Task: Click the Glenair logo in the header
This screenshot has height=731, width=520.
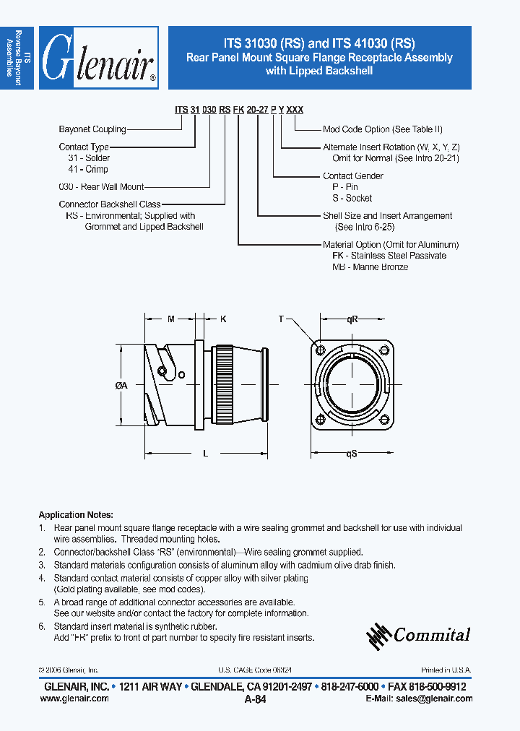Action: (98, 59)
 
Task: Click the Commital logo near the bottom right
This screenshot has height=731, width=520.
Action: (419, 635)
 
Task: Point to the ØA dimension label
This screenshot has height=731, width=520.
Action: (121, 386)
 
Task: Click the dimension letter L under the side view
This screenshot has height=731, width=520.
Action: (205, 454)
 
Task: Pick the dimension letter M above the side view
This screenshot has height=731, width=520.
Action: (170, 318)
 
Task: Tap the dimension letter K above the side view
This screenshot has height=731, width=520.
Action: (223, 318)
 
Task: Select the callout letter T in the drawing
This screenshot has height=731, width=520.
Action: (282, 318)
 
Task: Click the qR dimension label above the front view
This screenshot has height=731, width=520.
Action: (352, 318)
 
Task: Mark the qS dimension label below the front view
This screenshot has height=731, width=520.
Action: (352, 454)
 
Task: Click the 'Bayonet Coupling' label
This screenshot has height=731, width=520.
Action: (92, 129)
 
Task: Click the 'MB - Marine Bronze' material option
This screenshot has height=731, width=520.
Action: (370, 267)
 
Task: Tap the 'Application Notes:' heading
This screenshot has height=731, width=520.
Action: (75, 515)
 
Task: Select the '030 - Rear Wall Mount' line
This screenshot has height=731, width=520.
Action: (101, 187)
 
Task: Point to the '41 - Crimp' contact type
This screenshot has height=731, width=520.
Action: (87, 169)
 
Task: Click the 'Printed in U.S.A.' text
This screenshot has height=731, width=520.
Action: (446, 670)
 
